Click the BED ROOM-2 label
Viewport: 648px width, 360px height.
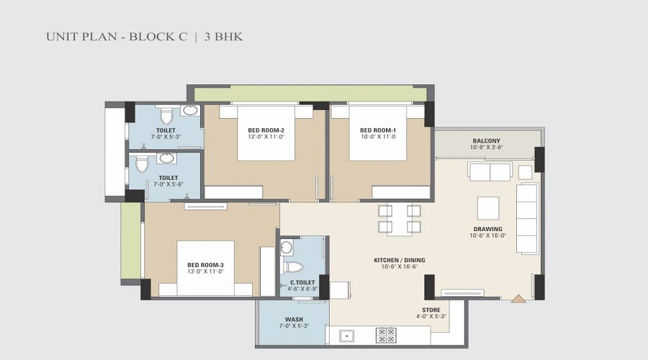266,130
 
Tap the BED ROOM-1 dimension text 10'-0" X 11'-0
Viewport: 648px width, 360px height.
378,136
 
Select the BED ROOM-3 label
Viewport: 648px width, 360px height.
205,265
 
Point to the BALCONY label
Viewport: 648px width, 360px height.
487,141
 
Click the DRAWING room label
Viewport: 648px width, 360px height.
488,229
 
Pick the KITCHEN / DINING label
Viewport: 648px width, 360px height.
399,260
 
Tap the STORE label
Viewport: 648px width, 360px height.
431,310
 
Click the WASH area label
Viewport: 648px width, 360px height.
294,320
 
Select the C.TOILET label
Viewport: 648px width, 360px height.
302,283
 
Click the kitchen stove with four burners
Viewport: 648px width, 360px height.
386,335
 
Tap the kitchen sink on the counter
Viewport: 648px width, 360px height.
346,336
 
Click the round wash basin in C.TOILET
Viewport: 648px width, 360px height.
286,248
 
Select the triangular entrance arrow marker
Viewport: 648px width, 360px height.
518,299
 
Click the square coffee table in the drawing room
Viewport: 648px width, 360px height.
488,208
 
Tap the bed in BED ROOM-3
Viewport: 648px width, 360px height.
205,269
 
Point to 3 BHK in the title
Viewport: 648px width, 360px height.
224,37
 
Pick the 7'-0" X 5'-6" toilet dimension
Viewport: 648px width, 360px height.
168,184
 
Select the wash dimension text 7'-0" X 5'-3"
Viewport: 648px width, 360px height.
294,325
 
